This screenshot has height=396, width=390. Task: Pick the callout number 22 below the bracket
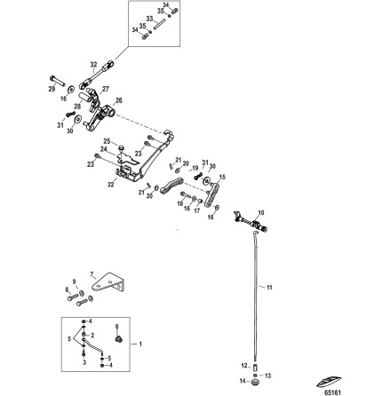110,185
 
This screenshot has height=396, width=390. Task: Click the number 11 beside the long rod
269,287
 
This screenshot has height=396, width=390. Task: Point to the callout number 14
243,381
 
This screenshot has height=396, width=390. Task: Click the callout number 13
268,376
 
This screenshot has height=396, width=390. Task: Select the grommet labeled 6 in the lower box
116,338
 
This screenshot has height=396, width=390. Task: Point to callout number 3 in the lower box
84,362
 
